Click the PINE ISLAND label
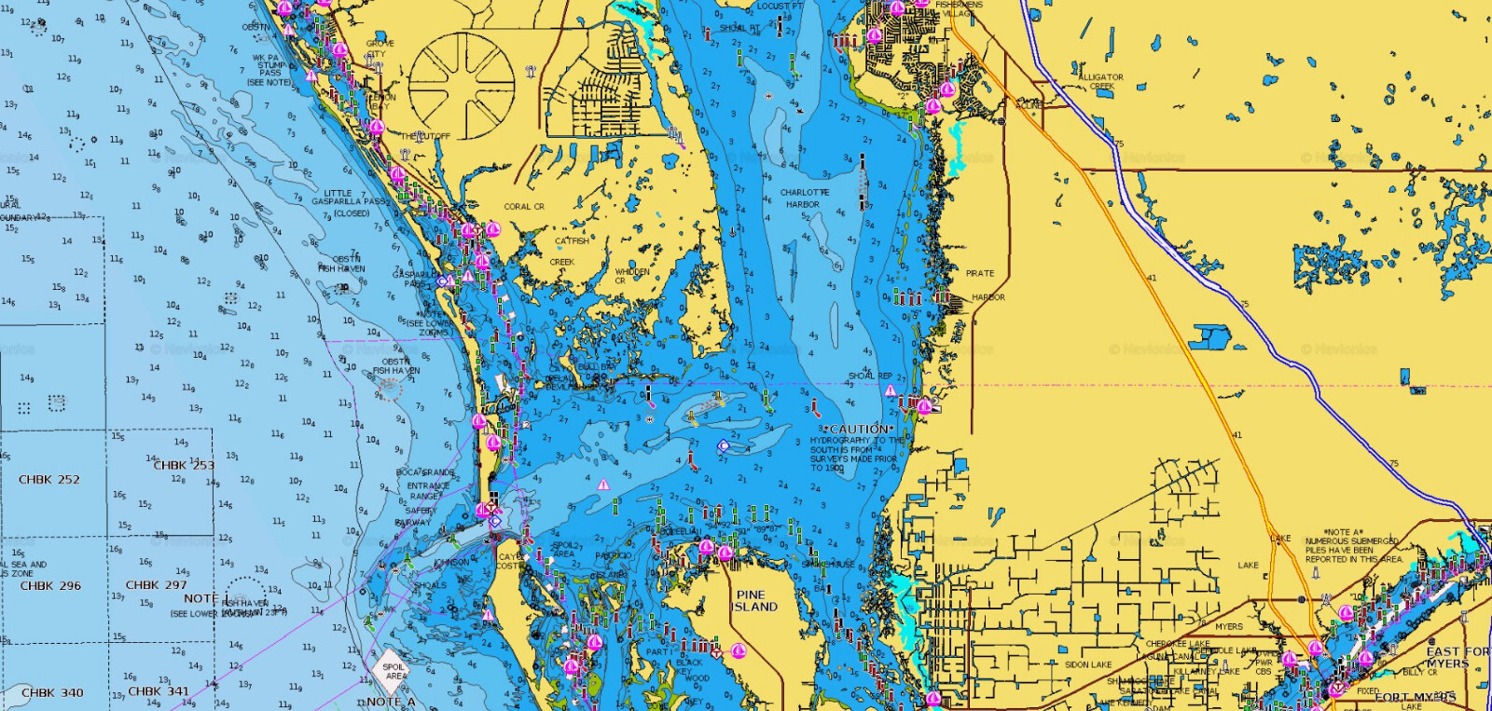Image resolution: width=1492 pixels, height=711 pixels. tap(754, 601)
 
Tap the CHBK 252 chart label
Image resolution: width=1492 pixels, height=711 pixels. tap(49, 480)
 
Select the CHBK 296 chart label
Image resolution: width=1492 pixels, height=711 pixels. tap(50, 586)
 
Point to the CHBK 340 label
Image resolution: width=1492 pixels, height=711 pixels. tap(52, 693)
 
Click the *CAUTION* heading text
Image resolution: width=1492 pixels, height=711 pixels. tap(859, 430)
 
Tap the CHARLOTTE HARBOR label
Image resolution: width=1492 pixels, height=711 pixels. tap(804, 198)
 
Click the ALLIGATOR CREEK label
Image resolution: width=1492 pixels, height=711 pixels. tap(1100, 82)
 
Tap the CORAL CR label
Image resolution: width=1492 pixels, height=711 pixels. tap(524, 207)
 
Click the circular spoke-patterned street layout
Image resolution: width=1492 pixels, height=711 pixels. tap(462, 87)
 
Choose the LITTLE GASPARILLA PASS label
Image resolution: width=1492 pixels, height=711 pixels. tap(346, 202)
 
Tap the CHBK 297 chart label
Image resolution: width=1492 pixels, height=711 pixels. tap(156, 585)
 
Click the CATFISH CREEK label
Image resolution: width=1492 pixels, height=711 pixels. tap(568, 252)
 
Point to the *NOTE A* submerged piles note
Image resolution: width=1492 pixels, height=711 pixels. tap(1352, 546)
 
